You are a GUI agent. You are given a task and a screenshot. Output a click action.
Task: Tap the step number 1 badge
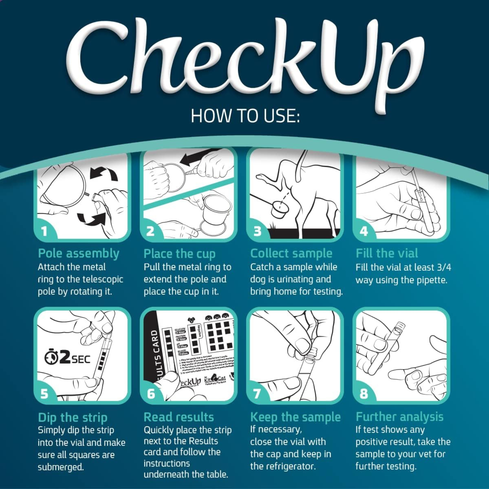(45, 231)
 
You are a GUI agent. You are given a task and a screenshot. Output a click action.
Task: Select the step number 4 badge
(364, 231)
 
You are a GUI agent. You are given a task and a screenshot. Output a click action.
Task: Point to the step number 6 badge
(151, 394)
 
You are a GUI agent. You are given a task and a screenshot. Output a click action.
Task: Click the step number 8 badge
(364, 394)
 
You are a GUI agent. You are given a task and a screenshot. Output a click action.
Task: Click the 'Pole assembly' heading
(79, 254)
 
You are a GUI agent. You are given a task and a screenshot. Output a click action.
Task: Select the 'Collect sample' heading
(291, 253)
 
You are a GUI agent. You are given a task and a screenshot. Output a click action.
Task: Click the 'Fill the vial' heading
(387, 253)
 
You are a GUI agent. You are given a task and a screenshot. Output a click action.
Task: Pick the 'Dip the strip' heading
(73, 417)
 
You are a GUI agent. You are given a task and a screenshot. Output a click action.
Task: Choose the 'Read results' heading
(179, 417)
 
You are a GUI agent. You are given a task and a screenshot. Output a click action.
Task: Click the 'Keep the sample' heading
(295, 417)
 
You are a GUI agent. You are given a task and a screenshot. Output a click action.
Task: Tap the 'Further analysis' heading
(399, 417)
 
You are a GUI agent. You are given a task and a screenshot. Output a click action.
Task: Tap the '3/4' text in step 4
(444, 267)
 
